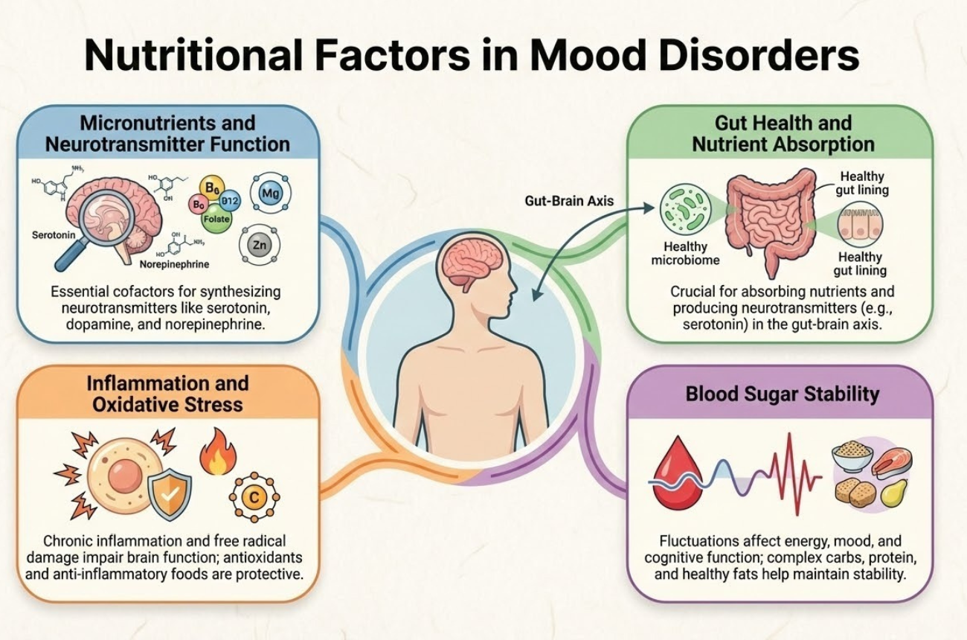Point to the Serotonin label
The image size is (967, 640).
tap(54, 234)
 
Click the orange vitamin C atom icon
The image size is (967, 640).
tap(252, 497)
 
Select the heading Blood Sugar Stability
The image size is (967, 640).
tap(782, 394)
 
